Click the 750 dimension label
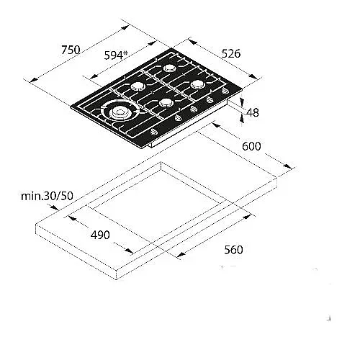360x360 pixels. tap(71, 50)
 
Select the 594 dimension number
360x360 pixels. tap(114, 55)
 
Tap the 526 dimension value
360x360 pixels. tap(231, 54)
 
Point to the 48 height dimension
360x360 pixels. tap(253, 112)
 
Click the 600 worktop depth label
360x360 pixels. tap(251, 146)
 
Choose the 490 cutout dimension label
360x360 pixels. tap(100, 235)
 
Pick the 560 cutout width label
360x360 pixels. tap(233, 250)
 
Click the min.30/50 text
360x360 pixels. tap(47, 196)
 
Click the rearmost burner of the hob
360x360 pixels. tap(170, 68)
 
